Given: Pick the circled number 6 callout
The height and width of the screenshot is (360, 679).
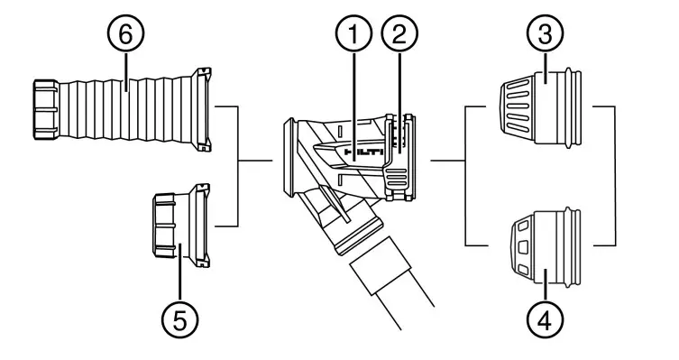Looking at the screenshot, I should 125,36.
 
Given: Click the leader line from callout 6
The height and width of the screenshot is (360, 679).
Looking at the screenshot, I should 125,68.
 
